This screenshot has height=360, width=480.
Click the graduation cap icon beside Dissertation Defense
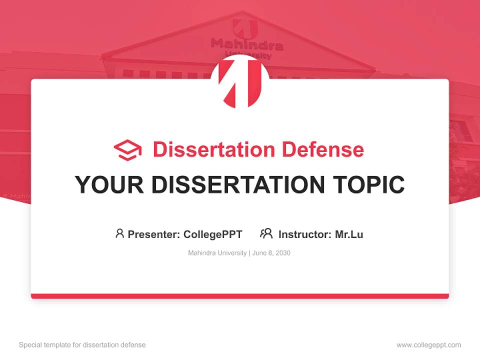pyautogui.click(x=127, y=150)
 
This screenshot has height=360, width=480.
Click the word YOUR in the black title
pyautogui.click(x=109, y=184)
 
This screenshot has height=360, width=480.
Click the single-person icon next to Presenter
pyautogui.click(x=119, y=233)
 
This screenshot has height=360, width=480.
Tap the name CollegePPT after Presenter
pyautogui.click(x=213, y=234)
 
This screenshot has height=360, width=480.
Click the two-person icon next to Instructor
pyautogui.click(x=266, y=233)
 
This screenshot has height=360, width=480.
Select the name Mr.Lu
pyautogui.click(x=349, y=234)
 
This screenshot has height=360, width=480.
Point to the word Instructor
pyautogui.click(x=304, y=234)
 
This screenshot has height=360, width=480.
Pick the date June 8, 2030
pyautogui.click(x=271, y=253)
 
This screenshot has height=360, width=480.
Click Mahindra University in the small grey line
pyautogui.click(x=217, y=253)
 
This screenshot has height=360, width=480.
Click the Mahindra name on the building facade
pyautogui.click(x=247, y=45)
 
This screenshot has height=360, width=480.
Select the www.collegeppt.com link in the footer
pyautogui.click(x=428, y=345)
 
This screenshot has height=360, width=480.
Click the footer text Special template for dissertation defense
pyautogui.click(x=82, y=345)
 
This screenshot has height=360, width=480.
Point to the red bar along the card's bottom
pyautogui.click(x=240, y=296)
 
